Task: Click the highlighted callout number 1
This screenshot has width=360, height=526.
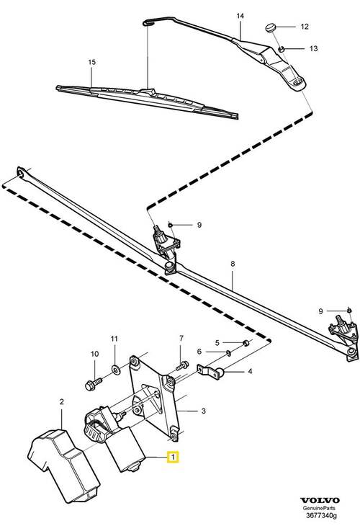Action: [173, 457]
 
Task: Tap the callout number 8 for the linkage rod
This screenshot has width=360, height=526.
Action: [233, 264]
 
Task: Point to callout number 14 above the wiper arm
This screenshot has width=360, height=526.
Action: [240, 15]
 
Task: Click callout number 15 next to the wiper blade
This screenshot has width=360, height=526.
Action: [91, 63]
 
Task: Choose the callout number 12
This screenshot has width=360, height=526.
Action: [304, 27]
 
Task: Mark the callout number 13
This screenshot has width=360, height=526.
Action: [312, 48]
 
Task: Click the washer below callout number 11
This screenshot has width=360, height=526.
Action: [115, 370]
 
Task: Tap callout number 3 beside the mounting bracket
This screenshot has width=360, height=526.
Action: [203, 411]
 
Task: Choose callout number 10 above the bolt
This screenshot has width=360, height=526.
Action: [94, 354]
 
